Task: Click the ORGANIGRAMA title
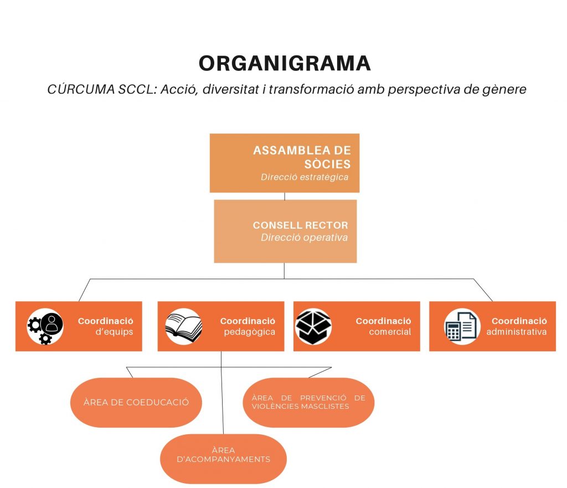(x=285, y=63)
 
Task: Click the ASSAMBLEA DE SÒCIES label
(x=302, y=157)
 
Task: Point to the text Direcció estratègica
(x=305, y=177)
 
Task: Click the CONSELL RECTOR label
(x=300, y=225)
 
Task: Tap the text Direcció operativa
(x=304, y=238)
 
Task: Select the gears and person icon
(x=45, y=327)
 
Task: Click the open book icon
(x=183, y=326)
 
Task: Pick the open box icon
(x=313, y=326)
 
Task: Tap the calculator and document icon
(x=461, y=326)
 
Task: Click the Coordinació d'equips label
(x=105, y=326)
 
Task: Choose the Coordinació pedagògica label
(x=248, y=326)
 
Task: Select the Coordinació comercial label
(x=383, y=326)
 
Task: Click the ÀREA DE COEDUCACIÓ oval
(x=136, y=402)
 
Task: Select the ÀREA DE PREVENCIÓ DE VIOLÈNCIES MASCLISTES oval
(x=308, y=402)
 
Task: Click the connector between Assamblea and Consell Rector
(x=285, y=196)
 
